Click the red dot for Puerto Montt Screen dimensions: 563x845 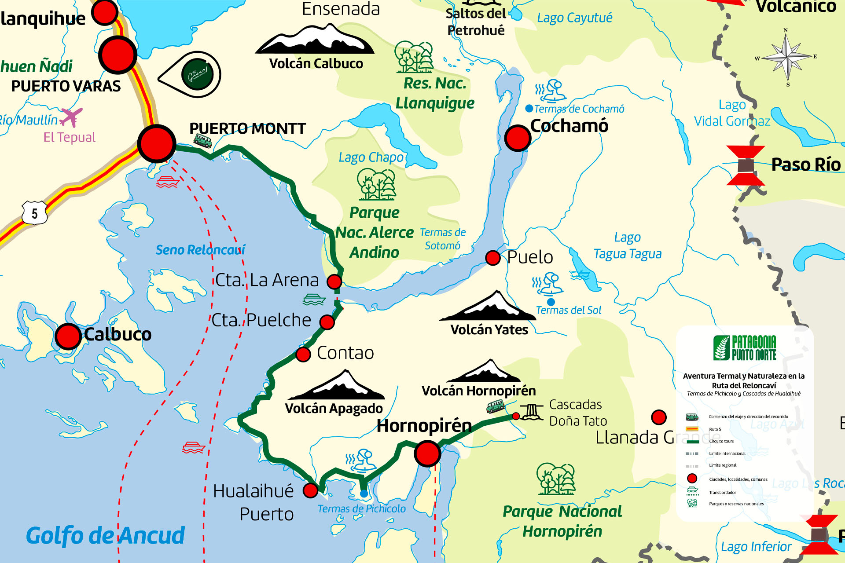tap(157, 143)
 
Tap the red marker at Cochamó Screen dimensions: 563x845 tap(518, 138)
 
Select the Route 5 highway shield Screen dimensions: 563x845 tap(35, 214)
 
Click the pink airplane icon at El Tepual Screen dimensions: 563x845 tap(71, 117)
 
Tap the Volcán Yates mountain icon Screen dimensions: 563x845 tap(488, 306)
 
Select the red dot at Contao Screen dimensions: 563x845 tap(303, 354)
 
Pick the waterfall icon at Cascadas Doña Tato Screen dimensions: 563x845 tap(532, 412)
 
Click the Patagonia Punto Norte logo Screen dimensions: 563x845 tap(745, 348)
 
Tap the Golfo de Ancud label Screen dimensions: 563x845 tap(106, 535)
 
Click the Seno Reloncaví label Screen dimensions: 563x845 tap(200, 250)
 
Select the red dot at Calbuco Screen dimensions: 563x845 tap(68, 336)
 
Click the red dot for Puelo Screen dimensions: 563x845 tap(493, 258)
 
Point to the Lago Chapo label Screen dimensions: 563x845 tap(371, 157)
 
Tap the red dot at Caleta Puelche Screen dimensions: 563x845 tap(327, 322)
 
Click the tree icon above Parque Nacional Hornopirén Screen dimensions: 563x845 tap(556, 479)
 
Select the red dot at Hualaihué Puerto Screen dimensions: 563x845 tap(311, 490)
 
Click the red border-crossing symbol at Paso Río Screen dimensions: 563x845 tap(745, 165)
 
